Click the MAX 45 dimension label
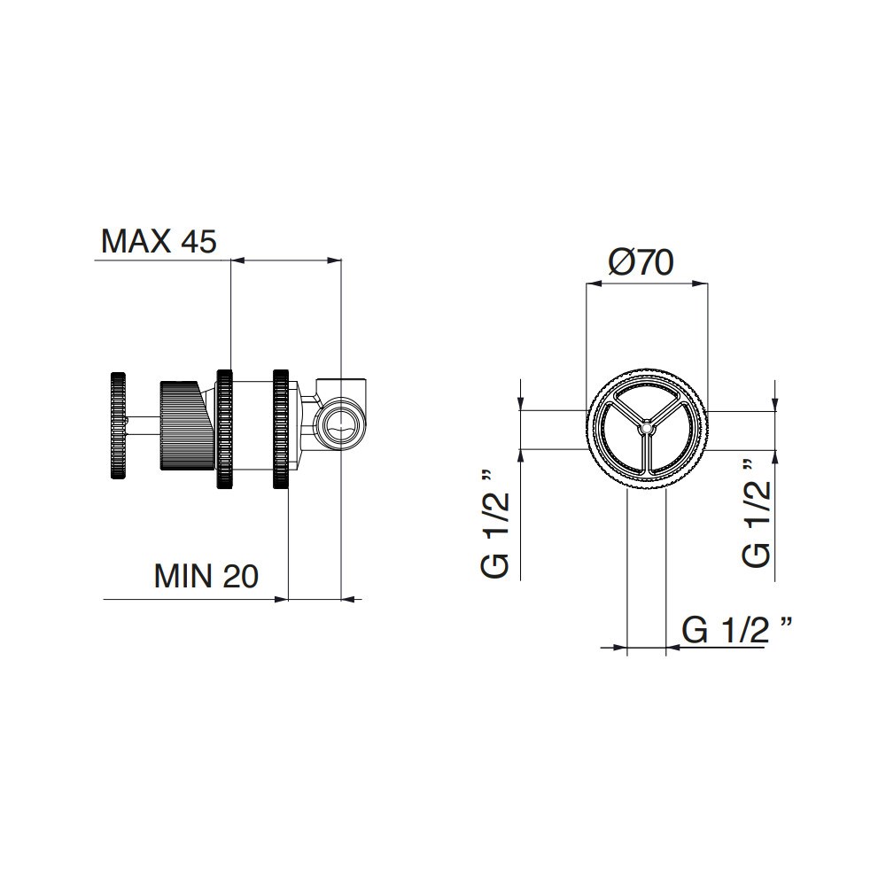click(159, 241)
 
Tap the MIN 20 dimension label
click(206, 576)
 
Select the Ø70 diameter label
click(641, 262)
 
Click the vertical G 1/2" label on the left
click(495, 524)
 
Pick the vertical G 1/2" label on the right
click(756, 512)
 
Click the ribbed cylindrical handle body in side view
click(186, 425)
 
